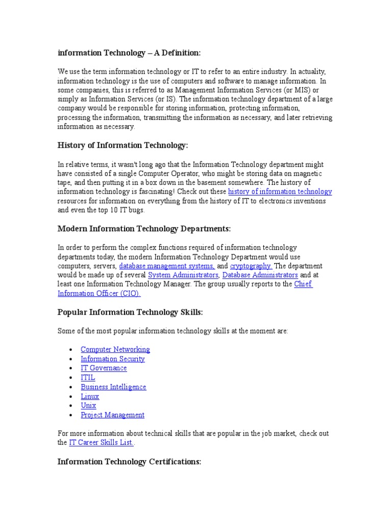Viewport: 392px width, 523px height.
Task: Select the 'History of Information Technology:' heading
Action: point(123,146)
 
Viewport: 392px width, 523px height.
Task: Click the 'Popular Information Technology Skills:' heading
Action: point(130,313)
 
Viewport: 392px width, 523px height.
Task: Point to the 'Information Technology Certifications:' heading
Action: point(130,462)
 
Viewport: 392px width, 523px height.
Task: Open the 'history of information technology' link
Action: point(280,192)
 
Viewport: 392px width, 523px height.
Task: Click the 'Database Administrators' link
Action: point(260,275)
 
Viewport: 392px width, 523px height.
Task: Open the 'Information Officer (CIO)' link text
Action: point(99,294)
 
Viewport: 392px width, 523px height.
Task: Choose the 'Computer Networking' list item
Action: point(115,349)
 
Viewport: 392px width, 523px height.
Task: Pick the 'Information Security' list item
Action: point(113,359)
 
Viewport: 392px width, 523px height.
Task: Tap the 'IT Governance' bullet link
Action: point(104,368)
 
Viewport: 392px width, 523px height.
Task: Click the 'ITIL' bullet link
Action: point(88,377)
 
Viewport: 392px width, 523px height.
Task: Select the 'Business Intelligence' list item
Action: point(113,387)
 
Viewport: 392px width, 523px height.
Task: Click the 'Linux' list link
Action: point(90,396)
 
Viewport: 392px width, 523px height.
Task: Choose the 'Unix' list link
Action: point(88,406)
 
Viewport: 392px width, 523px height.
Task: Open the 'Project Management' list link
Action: point(112,415)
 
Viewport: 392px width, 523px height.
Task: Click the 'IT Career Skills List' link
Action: point(102,443)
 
